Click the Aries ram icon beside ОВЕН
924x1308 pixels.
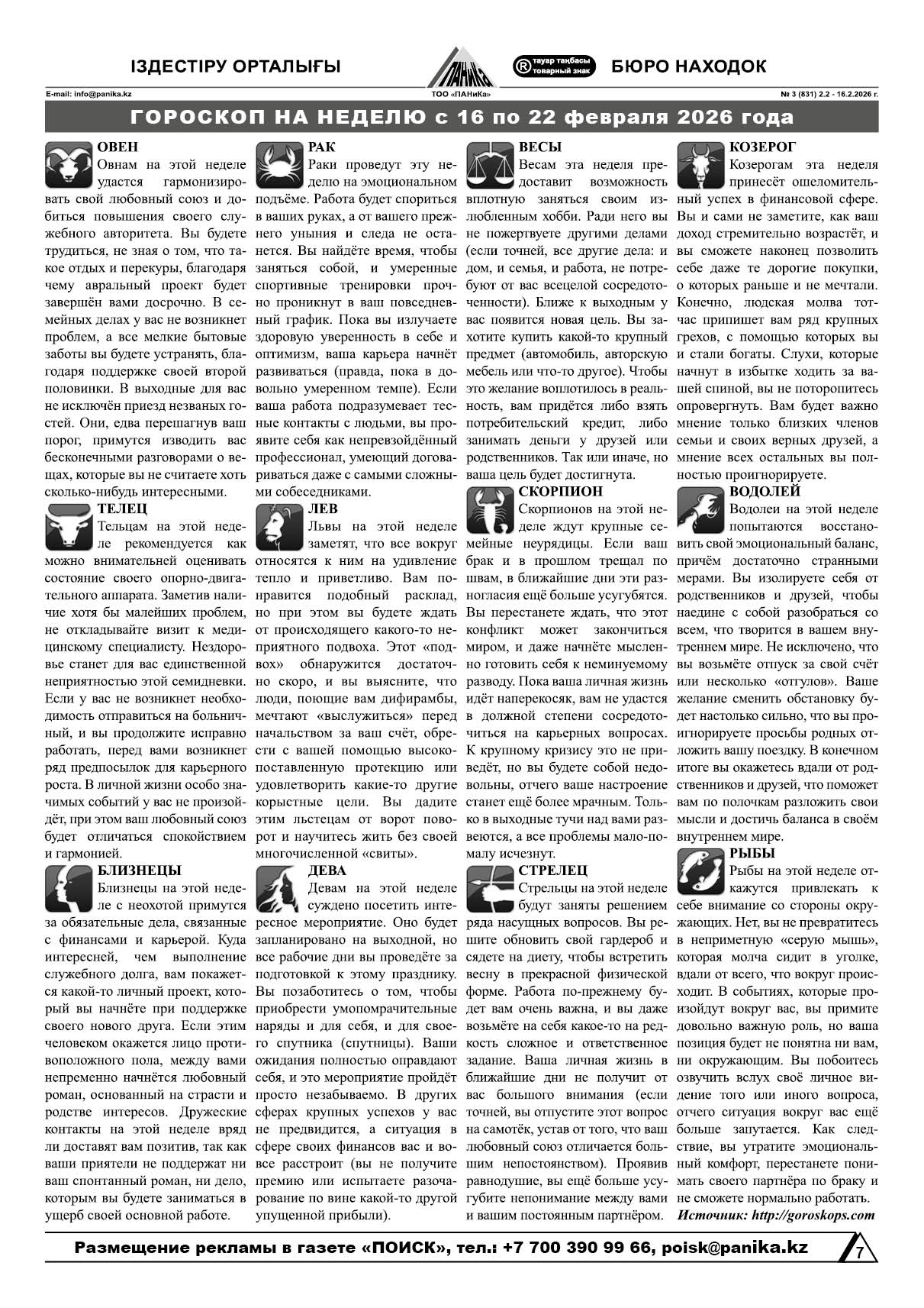(x=69, y=165)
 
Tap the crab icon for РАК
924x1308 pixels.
(x=279, y=165)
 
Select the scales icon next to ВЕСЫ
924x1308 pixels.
(x=489, y=165)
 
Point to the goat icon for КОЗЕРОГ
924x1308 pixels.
(x=700, y=165)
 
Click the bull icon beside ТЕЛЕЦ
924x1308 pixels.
(x=69, y=527)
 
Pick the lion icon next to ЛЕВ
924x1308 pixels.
(x=279, y=527)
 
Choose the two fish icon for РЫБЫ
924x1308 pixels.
(x=700, y=871)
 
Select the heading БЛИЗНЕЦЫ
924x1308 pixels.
(x=139, y=870)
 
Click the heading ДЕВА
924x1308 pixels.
(x=327, y=870)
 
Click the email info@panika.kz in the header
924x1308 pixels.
(x=88, y=95)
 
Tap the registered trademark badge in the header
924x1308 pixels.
(x=554, y=66)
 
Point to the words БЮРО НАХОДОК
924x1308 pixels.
(x=689, y=66)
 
